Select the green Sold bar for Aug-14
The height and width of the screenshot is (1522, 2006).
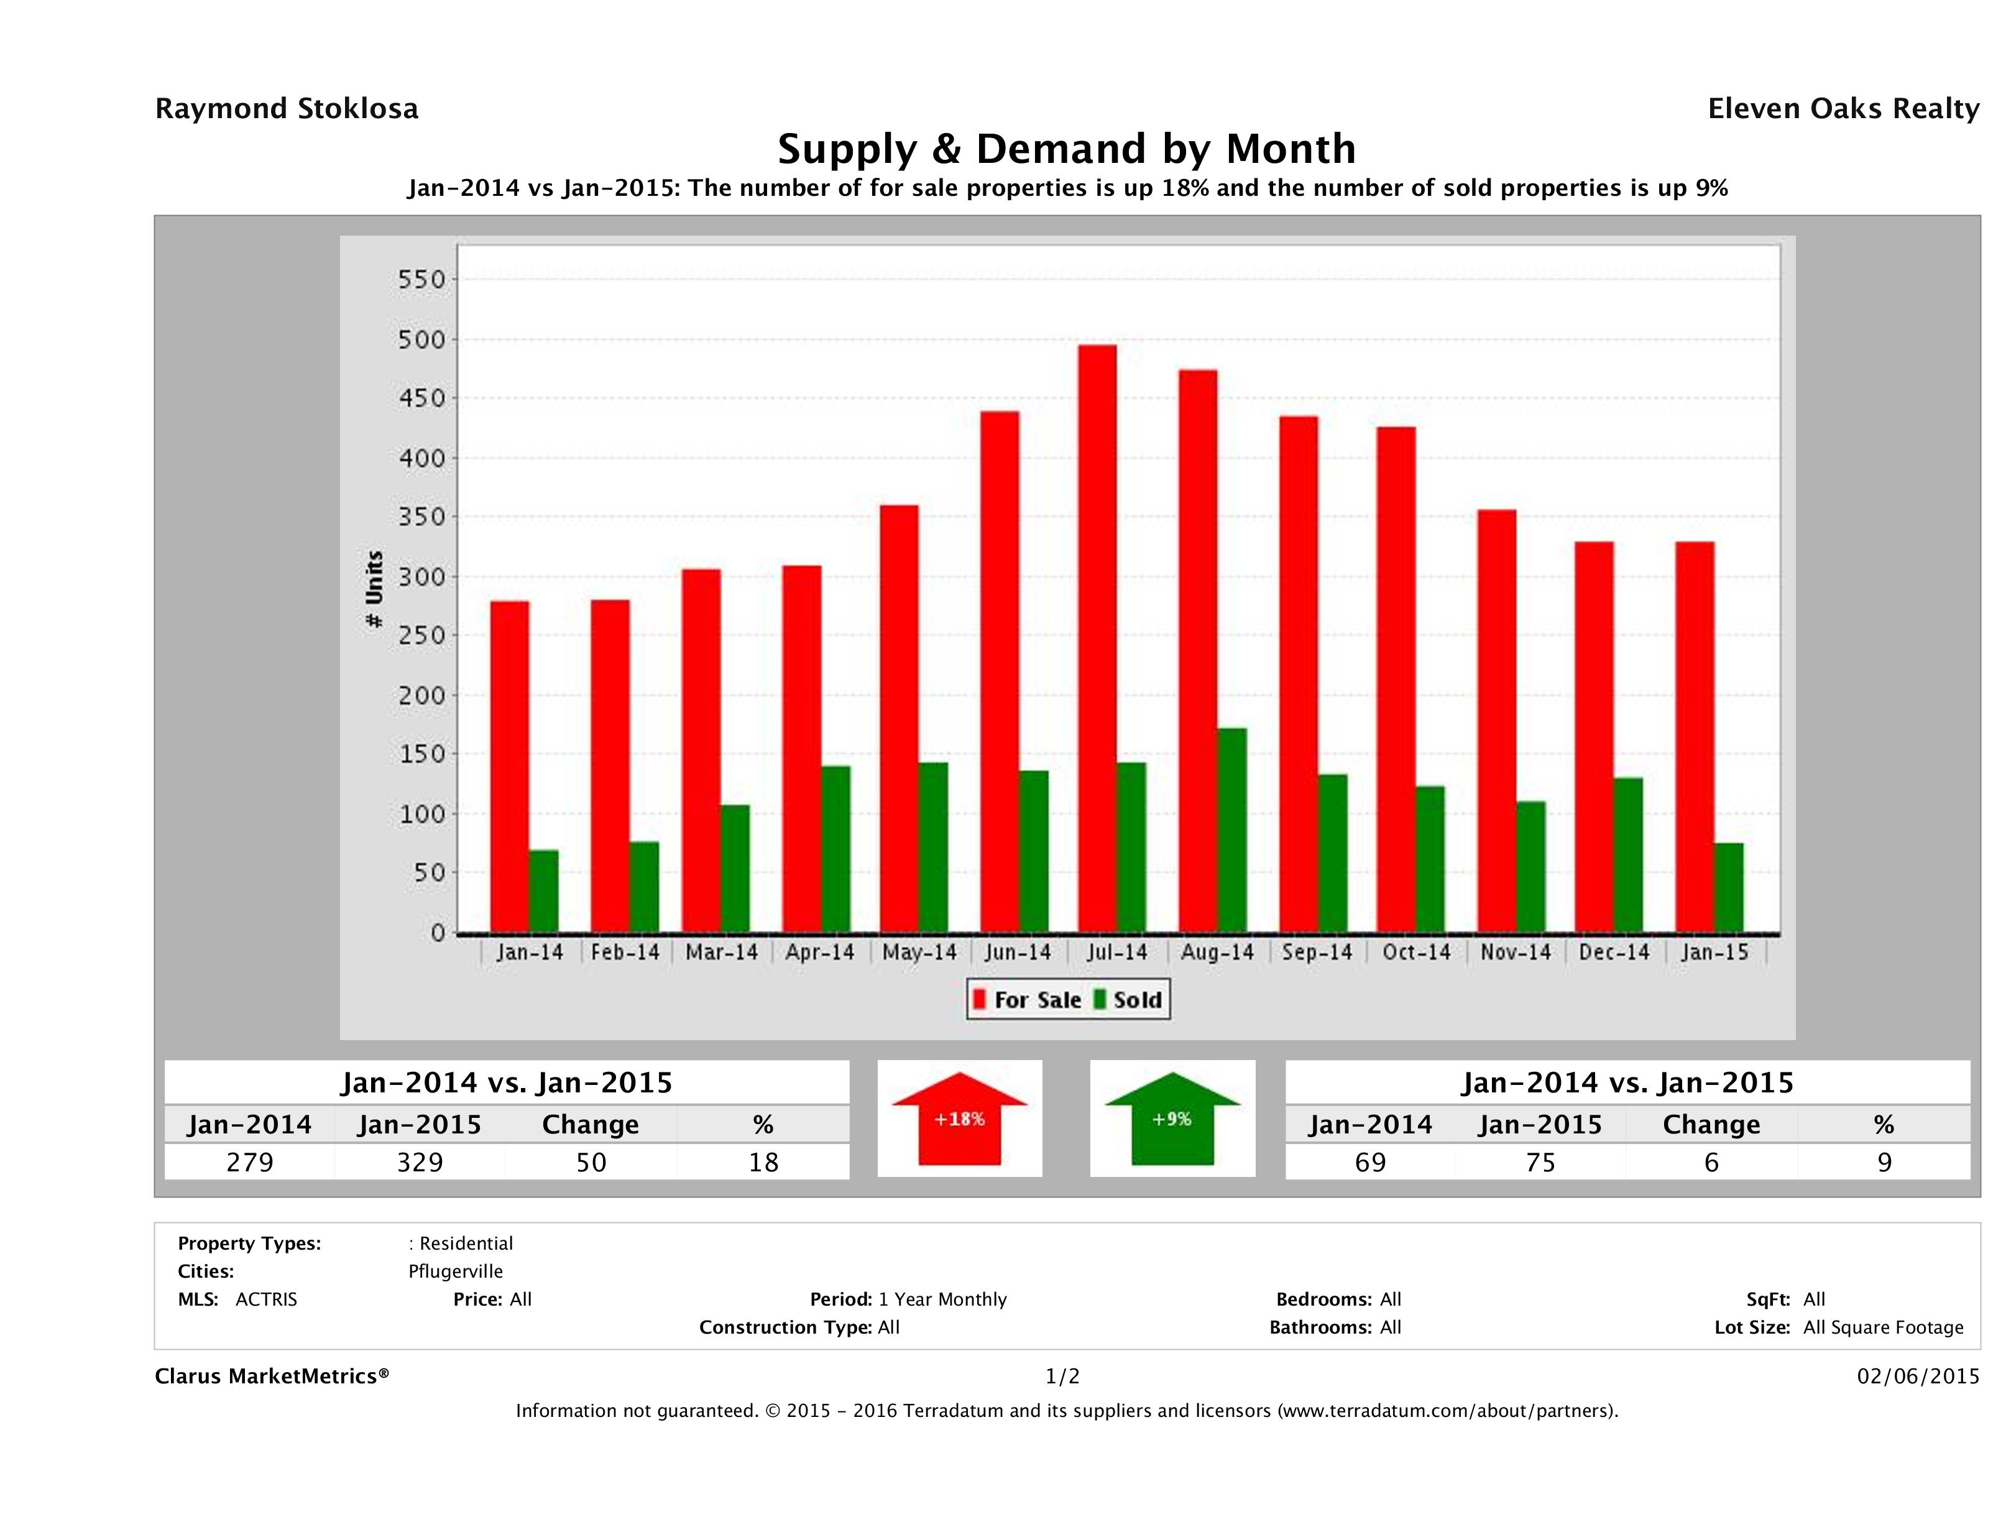tap(1231, 830)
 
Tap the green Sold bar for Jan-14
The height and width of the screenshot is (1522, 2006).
tap(544, 891)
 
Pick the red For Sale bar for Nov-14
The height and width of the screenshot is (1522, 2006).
tap(1496, 721)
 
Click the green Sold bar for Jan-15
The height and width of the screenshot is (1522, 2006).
tap(1729, 887)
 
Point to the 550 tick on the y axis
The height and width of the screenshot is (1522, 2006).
tap(423, 279)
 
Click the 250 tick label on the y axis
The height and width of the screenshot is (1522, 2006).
tap(423, 636)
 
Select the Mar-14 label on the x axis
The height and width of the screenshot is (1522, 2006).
tap(721, 952)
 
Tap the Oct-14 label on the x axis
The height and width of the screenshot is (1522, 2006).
tap(1415, 952)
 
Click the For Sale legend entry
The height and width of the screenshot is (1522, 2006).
tap(1028, 1000)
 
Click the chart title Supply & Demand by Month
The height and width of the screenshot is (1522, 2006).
tap(1067, 149)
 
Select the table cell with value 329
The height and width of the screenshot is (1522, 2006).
tap(420, 1162)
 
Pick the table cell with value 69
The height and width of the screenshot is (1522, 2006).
tap(1369, 1162)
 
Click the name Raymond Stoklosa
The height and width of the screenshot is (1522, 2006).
tap(287, 109)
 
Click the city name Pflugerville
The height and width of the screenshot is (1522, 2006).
tap(455, 1271)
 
